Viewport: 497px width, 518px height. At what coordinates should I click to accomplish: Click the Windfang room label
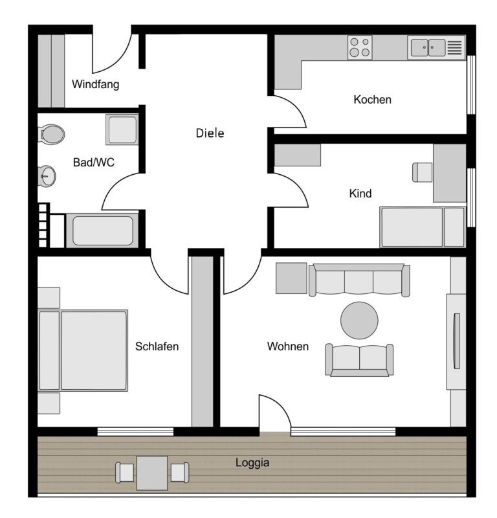coord(95,84)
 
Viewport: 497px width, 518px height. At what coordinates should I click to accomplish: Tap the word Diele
coord(210,133)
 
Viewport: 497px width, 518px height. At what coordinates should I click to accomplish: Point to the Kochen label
coord(372,100)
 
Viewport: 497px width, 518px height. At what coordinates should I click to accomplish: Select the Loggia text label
coord(252,462)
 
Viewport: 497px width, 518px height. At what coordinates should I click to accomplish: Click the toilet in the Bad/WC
coord(51,135)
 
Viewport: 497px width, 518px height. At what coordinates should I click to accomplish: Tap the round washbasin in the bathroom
coord(47,176)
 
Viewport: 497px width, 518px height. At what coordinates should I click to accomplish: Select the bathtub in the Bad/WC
coord(102,231)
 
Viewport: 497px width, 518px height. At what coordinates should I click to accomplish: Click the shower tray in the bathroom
coord(122,129)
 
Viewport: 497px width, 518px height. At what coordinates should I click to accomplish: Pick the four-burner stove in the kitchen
coord(360,47)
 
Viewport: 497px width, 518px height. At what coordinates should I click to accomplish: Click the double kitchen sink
coord(428,48)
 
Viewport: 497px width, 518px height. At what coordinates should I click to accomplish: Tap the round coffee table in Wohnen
coord(359,321)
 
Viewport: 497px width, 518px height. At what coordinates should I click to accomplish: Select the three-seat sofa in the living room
coord(359,280)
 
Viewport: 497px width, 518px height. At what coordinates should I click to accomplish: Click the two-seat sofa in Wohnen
coord(359,360)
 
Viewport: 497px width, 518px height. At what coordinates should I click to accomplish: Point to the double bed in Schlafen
coord(83,350)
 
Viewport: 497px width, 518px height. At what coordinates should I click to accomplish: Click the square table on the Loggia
coord(152,473)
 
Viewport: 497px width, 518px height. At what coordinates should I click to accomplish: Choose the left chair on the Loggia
coord(124,473)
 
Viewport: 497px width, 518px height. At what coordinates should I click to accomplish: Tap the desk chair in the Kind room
coord(423,172)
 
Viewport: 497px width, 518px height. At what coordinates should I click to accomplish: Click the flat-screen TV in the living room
coord(457,341)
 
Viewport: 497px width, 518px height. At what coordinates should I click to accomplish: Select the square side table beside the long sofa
coord(292,278)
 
